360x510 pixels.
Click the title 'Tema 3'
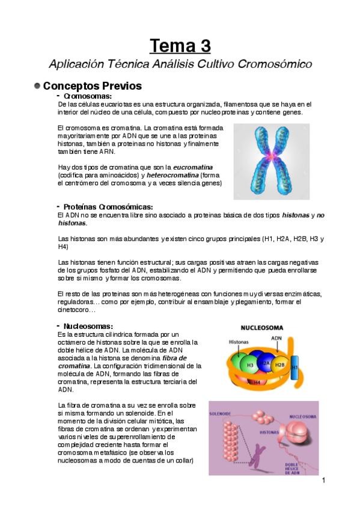(180, 46)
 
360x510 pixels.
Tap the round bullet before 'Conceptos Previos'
(37, 86)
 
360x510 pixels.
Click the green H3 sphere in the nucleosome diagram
(249, 364)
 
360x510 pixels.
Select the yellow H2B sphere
(279, 364)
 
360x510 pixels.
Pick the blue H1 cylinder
(294, 366)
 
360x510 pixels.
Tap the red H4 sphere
(257, 381)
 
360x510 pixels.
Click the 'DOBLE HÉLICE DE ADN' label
(291, 466)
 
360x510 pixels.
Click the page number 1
(323, 481)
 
